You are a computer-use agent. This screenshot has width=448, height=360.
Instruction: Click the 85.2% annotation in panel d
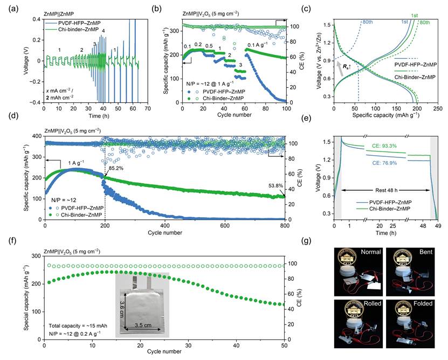point(119,169)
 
